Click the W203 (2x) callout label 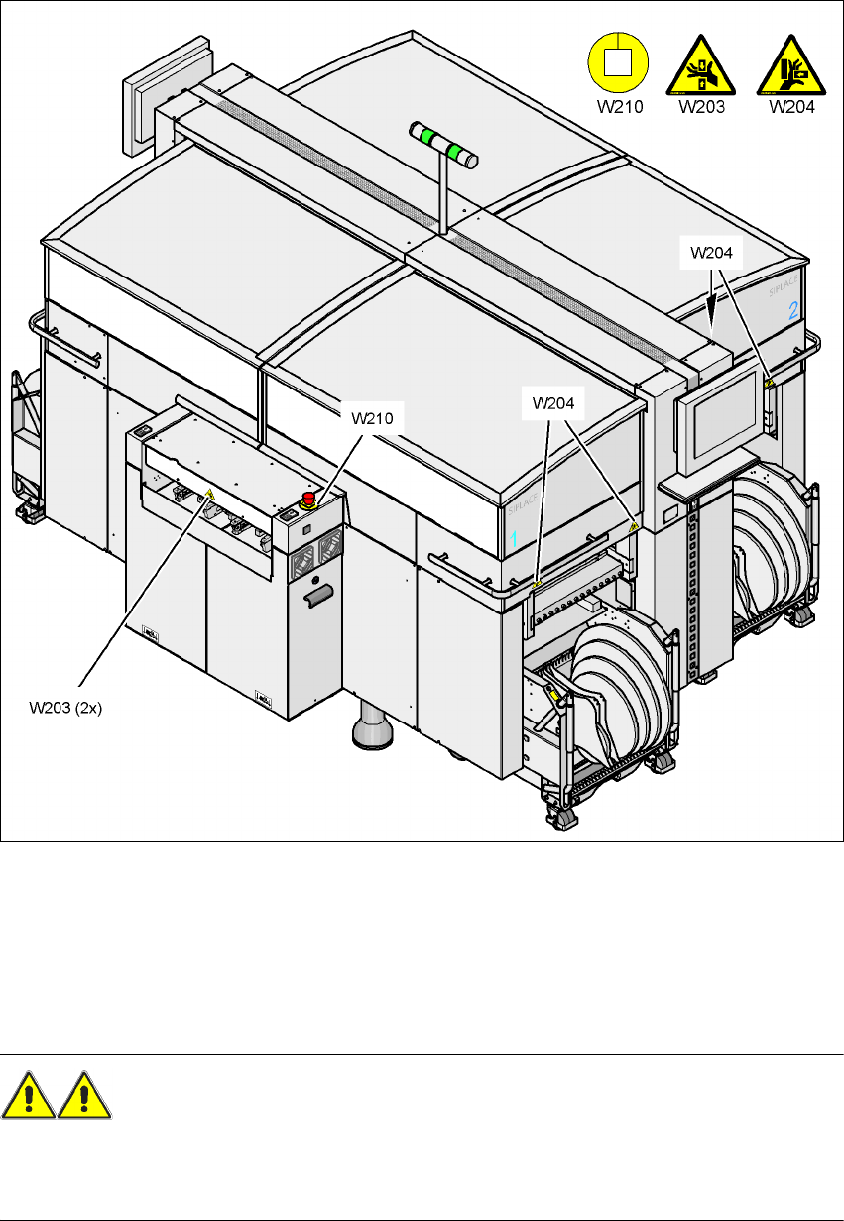(x=66, y=708)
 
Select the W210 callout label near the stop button (x=373, y=417)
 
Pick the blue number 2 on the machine (x=792, y=311)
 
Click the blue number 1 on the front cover (x=514, y=538)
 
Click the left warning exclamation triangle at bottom (x=29, y=1097)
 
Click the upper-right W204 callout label (x=712, y=253)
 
